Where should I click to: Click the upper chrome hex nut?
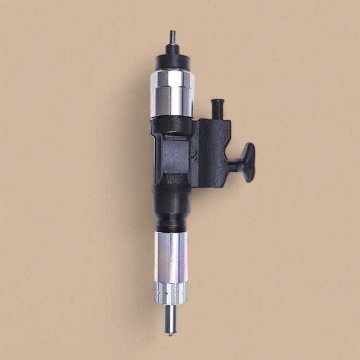coord(172,93)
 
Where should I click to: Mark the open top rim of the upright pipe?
coord(218,101)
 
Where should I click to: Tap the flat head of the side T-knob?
coord(248,163)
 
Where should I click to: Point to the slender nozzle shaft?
coord(170,316)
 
